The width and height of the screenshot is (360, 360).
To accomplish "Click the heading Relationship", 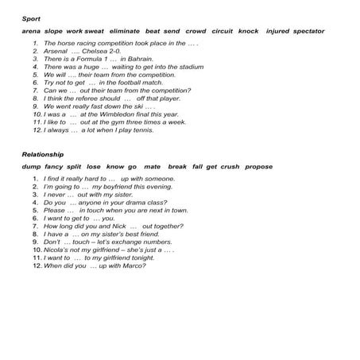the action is (43, 154).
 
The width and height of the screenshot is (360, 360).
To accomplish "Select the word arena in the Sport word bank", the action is (32, 31).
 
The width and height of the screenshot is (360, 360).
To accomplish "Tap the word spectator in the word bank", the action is (308, 31).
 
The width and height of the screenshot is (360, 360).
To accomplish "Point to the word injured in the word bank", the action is (277, 31).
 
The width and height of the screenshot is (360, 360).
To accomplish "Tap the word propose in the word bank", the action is (258, 167).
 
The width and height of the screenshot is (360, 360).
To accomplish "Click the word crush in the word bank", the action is (230, 167).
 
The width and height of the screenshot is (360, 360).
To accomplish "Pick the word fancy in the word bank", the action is (54, 167).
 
